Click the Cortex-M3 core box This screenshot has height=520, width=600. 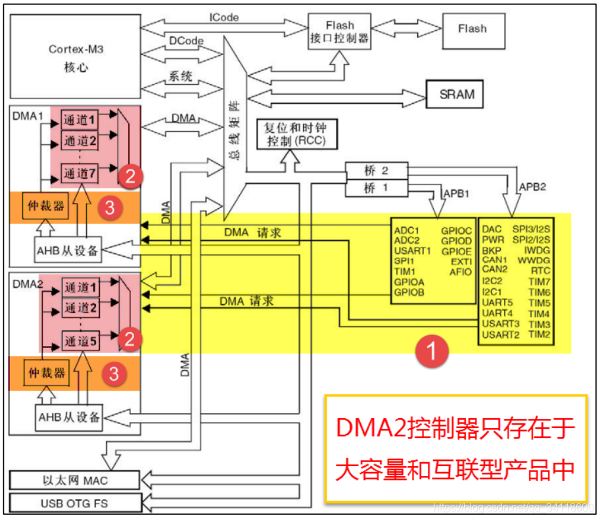[x=77, y=58]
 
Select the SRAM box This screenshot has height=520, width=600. [x=457, y=94]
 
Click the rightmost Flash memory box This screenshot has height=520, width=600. [x=473, y=29]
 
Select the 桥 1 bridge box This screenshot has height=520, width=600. [x=376, y=188]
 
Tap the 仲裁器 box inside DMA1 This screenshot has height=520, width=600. [x=45, y=206]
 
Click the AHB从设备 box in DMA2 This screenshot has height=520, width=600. [x=69, y=417]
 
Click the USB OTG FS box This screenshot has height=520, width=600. [x=73, y=504]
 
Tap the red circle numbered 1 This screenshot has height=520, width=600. [x=430, y=351]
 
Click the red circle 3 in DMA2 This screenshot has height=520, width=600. [x=114, y=374]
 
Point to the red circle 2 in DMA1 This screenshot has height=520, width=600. [x=130, y=175]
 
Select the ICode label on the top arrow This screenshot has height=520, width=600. [x=223, y=18]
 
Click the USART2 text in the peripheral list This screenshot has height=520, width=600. [x=501, y=335]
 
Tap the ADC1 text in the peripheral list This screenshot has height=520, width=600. [x=407, y=230]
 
